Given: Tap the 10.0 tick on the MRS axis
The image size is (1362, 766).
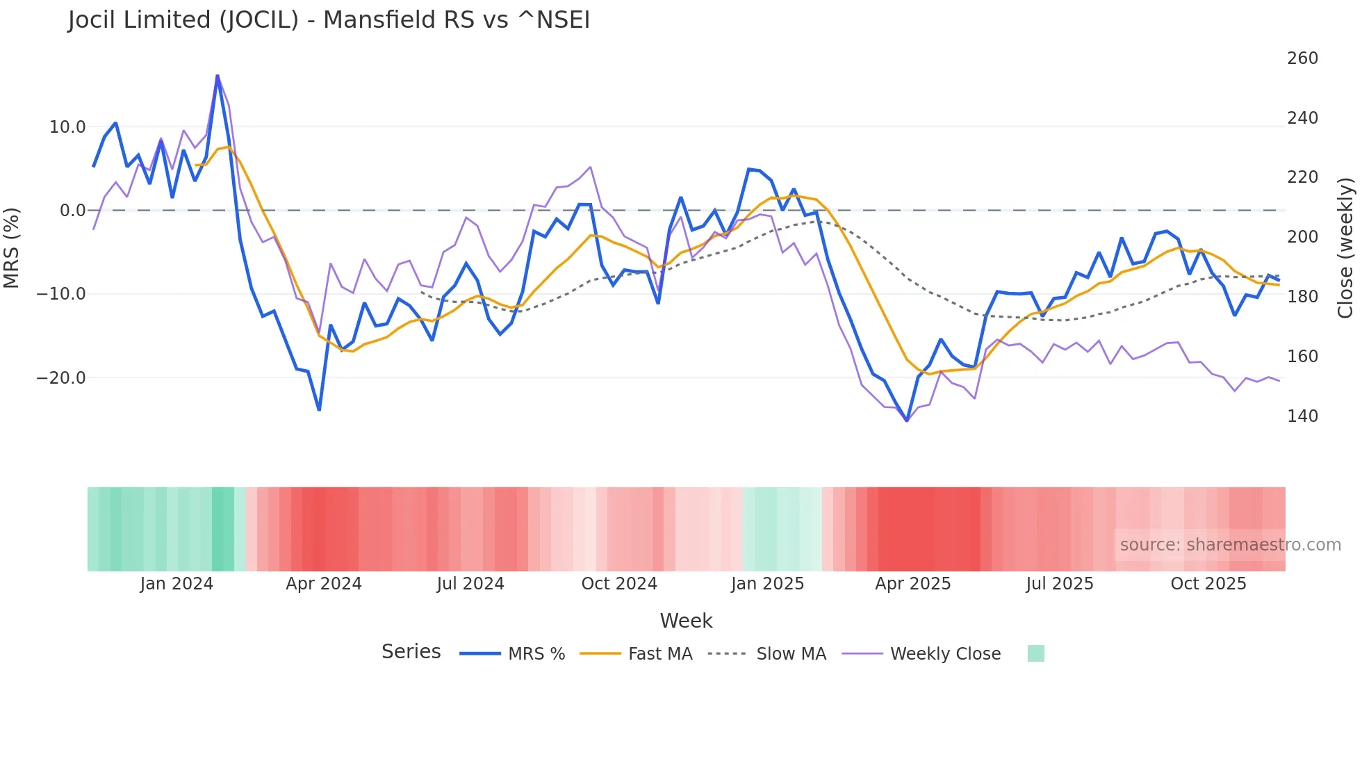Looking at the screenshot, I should pos(67,127).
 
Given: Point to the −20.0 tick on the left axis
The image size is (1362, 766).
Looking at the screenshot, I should pos(61,378).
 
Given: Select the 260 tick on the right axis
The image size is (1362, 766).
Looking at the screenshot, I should pos(1302,58).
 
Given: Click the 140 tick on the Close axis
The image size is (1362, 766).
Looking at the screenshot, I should pos(1302,416).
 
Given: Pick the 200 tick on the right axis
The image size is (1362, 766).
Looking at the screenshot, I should pos(1302,237).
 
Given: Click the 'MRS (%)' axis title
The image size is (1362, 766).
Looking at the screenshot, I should pos(12,248).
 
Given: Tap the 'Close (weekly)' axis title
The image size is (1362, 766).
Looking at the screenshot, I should pos(1346,248).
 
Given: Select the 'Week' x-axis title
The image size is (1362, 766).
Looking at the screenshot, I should pos(686,621).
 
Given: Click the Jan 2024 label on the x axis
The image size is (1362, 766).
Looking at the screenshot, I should pos(177,584).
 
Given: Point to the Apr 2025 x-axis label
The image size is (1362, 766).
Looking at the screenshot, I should pos(912,584).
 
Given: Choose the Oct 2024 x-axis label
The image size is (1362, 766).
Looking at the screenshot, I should pos(619,584).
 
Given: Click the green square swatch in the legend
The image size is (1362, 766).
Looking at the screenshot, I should pos(1035,653).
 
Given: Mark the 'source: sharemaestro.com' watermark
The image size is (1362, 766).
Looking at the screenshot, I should pos(1230,545).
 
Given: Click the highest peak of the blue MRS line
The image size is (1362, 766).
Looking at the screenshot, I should pos(218,76).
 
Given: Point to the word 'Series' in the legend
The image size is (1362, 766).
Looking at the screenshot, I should pos(411,652).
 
